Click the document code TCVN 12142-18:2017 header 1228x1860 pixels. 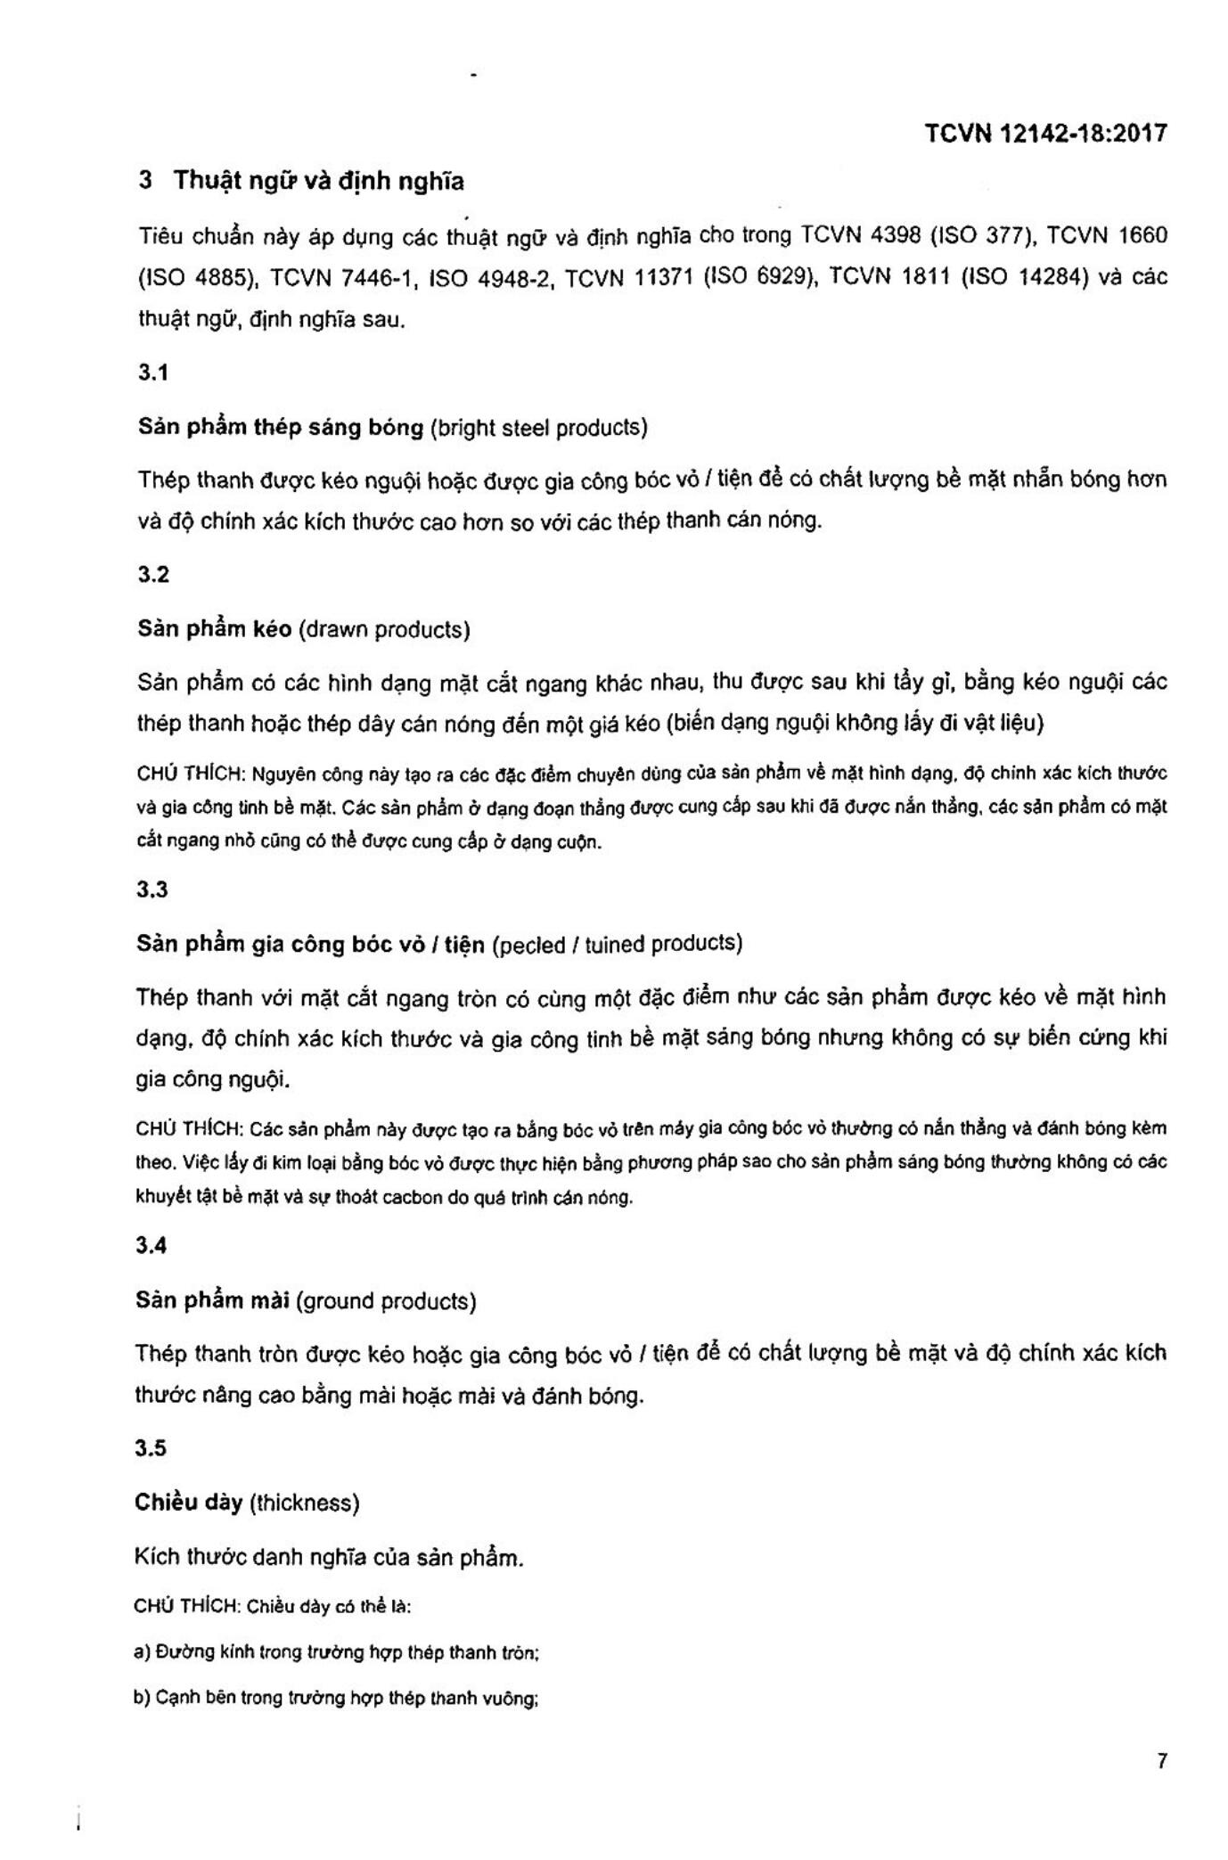coord(1044,134)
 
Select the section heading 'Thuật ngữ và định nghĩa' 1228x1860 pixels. coord(318,181)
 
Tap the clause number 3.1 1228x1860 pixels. coord(152,373)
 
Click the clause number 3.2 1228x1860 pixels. coord(152,575)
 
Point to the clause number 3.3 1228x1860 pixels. coord(152,889)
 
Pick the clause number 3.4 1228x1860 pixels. coord(151,1246)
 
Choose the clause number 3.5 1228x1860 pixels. coord(151,1447)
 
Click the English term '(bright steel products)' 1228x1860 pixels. coord(538,428)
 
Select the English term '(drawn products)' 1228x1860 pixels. coord(384,630)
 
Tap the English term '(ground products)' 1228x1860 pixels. coord(386,1301)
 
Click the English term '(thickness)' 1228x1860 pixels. coord(304,1503)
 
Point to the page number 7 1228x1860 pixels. coord(1161,1761)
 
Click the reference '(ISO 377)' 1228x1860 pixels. coord(981,236)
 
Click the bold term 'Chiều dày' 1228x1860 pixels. coord(188,1503)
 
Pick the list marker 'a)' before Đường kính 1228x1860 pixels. coord(142,1651)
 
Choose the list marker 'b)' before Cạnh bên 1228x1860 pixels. coord(142,1697)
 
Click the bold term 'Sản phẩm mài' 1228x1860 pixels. coord(212,1301)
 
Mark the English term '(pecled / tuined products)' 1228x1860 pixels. coord(617,944)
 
